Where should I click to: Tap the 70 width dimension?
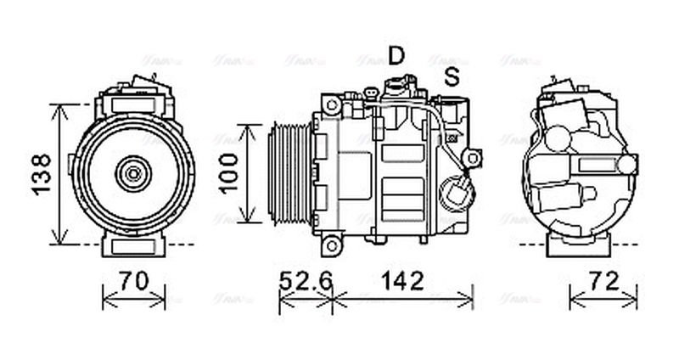point(133,280)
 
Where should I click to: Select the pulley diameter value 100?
point(224,174)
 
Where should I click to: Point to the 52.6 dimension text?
point(307,280)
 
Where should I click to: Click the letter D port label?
point(396,55)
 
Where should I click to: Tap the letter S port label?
point(452,76)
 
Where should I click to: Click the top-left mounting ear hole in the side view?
point(332,105)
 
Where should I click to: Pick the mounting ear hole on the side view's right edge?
point(474,158)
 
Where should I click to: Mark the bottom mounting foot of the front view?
point(133,245)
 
